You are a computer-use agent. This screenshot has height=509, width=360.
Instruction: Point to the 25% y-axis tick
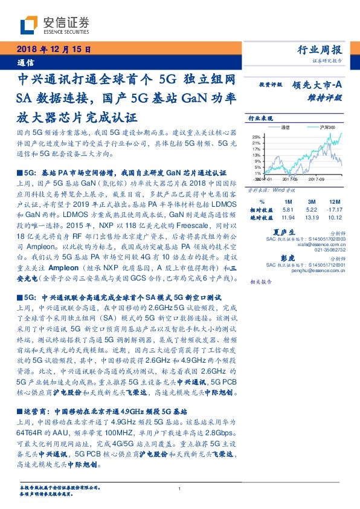click(256, 137)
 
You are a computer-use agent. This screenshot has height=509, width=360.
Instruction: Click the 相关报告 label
click(260, 282)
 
